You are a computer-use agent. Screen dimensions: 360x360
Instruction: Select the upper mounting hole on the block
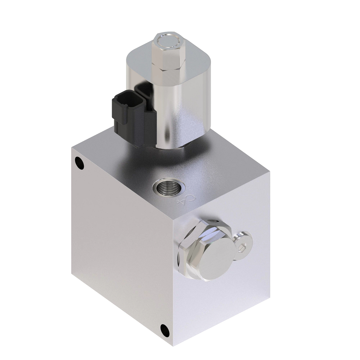[x=79, y=163]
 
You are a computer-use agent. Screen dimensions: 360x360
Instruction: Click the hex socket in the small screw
[x=242, y=247]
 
